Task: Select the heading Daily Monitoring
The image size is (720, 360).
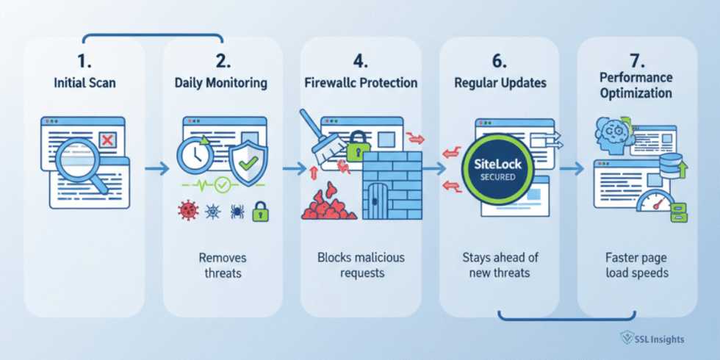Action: (x=220, y=83)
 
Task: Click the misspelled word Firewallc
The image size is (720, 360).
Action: (x=331, y=83)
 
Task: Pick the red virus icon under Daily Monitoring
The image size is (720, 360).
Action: (x=188, y=212)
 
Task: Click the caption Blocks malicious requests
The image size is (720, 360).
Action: (x=360, y=265)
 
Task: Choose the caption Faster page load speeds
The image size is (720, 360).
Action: (x=635, y=265)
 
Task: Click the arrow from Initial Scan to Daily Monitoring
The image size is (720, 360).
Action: (x=154, y=169)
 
